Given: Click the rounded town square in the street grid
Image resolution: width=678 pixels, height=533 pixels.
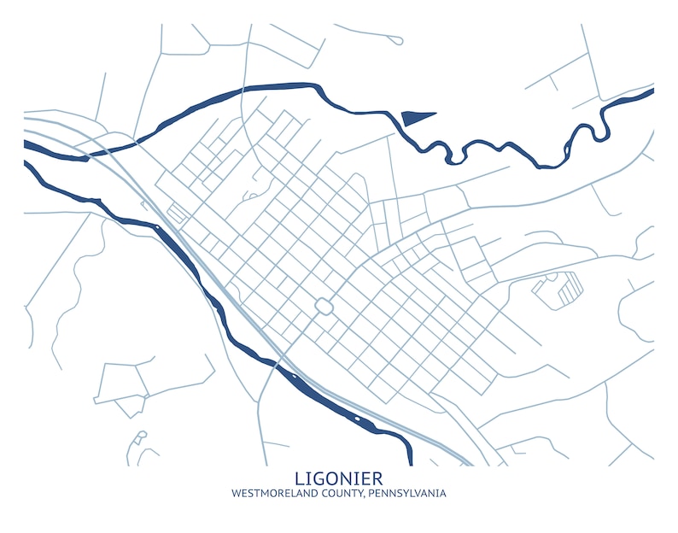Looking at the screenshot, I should click(x=324, y=306).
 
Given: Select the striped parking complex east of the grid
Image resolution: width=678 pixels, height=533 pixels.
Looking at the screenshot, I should click(x=559, y=288).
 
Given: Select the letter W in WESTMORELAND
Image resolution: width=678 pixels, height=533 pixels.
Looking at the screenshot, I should click(x=236, y=494).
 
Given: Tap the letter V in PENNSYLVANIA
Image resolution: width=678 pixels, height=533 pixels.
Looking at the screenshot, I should click(x=419, y=494).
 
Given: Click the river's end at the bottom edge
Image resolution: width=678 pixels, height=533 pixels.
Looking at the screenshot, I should click(x=409, y=461).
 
